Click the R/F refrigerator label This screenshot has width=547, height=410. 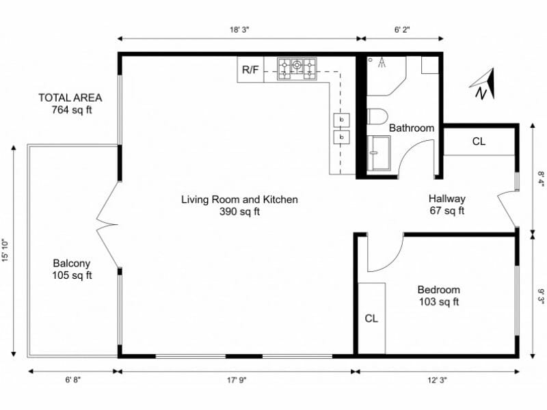(250, 69)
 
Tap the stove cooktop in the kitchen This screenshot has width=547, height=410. (297, 67)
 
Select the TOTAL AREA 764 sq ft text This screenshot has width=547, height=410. (70, 104)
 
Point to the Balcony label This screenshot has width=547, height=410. (72, 269)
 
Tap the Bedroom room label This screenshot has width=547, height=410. (438, 295)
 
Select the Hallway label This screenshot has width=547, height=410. (446, 204)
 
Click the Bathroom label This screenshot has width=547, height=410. (411, 128)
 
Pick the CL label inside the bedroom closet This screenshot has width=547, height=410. (371, 318)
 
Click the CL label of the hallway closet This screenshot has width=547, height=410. (479, 141)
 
